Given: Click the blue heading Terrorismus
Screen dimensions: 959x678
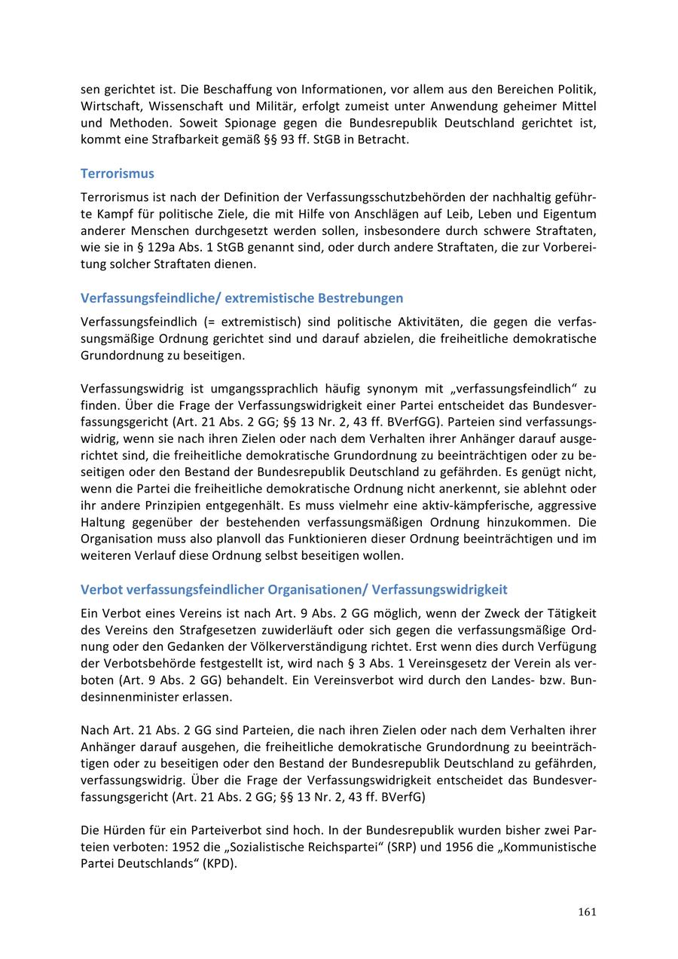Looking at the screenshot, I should [x=117, y=173].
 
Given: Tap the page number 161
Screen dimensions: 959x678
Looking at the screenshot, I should [x=588, y=912].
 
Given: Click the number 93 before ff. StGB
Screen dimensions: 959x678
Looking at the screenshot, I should [x=287, y=139].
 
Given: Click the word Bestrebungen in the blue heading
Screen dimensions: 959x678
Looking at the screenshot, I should [x=360, y=298].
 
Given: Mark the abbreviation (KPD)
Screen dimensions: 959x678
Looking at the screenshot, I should [x=218, y=863].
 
